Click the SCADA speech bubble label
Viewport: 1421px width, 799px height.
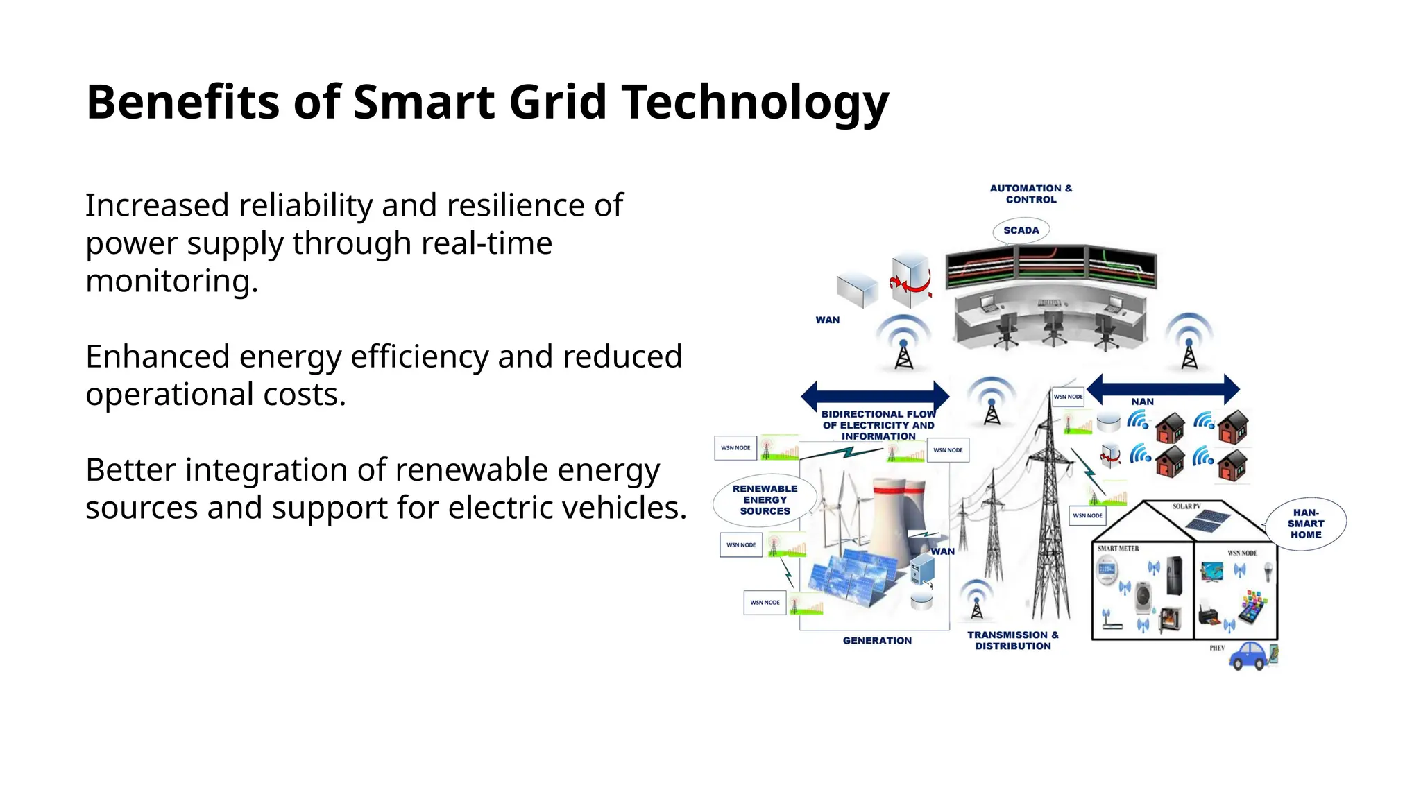coord(1021,230)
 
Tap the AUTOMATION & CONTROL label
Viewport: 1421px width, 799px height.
coord(1031,194)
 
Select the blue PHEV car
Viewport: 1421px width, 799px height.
coord(1250,655)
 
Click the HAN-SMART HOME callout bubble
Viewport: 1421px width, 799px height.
coord(1306,524)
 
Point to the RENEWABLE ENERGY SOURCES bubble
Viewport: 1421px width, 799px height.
coord(765,499)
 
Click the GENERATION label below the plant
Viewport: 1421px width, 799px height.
coord(877,640)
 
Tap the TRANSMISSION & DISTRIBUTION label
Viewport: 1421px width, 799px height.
coord(1013,640)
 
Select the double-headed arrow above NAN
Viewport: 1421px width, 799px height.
coord(1163,388)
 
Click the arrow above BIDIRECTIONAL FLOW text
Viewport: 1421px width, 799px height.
coord(875,396)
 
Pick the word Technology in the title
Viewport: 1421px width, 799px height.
coord(754,103)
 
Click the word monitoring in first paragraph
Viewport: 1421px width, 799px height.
coord(171,281)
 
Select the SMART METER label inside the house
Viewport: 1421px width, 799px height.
coord(1118,549)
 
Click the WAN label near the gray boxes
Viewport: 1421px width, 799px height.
coord(827,320)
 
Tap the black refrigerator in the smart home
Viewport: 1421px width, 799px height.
coord(1174,576)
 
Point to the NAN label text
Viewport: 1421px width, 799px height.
coord(1142,402)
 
